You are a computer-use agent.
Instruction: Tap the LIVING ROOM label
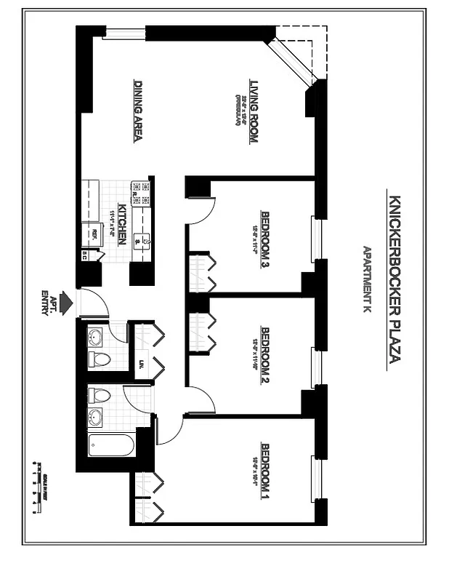coord(254,111)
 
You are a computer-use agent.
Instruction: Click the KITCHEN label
coord(123,224)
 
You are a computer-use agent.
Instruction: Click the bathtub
coord(112,445)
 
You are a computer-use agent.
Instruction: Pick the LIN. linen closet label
coord(141,363)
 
